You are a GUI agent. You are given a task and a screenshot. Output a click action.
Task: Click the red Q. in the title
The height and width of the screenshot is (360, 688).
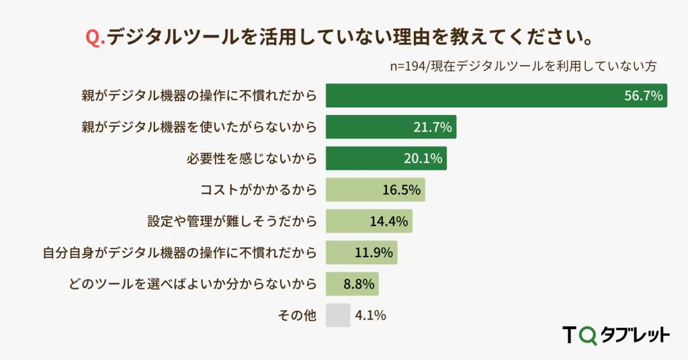click(96, 37)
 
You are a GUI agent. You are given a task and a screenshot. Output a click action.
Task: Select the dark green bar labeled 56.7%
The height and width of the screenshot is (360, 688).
click(496, 95)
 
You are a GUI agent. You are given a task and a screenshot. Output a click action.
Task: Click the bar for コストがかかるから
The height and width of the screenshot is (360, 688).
click(375, 190)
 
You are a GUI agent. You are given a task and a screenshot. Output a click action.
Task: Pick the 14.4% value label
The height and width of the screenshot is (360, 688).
click(389, 221)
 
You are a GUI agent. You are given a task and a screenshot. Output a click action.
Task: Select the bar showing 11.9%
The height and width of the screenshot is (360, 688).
click(361, 253)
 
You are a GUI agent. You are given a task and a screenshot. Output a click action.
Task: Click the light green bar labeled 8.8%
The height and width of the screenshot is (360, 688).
click(352, 283)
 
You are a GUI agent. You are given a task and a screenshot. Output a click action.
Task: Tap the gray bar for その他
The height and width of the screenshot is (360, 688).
click(338, 315)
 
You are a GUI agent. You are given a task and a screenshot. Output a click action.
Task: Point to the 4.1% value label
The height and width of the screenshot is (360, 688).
click(371, 315)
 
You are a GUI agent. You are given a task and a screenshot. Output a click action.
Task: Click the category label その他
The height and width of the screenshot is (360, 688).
click(296, 315)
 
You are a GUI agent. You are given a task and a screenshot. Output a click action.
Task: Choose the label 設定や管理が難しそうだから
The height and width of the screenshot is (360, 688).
click(232, 221)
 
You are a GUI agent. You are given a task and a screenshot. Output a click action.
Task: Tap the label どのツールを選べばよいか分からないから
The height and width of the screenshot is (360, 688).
click(192, 283)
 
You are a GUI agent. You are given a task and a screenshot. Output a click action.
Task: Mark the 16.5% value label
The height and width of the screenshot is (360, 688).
click(401, 190)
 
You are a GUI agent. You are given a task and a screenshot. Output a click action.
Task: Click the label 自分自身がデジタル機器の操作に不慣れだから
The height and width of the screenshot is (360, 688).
click(179, 253)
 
